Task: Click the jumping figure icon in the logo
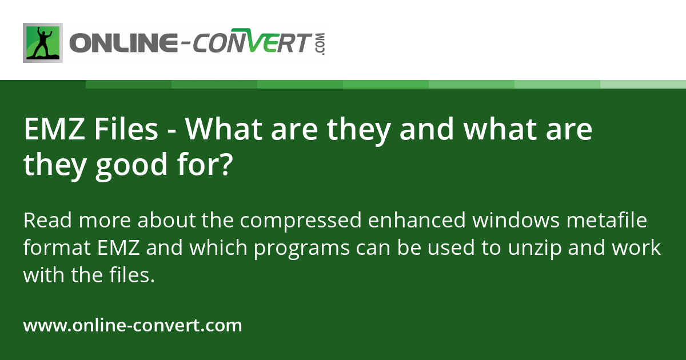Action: tap(43, 43)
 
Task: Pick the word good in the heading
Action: tap(125, 166)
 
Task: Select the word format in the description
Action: tap(55, 249)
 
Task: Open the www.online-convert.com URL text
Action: tap(133, 326)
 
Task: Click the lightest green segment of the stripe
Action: tap(643, 84)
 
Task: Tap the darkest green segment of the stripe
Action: tap(129, 84)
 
